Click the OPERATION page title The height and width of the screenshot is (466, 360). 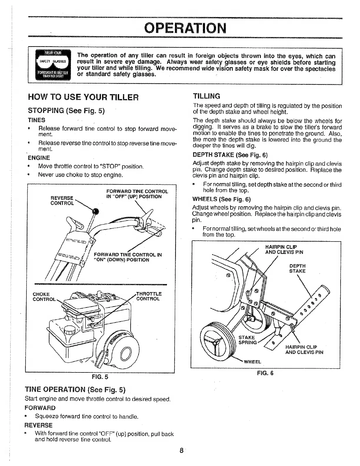click(186, 28)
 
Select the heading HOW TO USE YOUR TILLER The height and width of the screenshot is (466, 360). click(83, 97)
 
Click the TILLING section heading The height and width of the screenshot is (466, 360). click(206, 96)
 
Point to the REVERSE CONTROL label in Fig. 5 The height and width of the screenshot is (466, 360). click(62, 200)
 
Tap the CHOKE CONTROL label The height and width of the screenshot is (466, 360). click(44, 297)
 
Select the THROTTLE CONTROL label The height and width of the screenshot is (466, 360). click(149, 296)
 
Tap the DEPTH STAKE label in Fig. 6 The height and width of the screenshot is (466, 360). click(297, 268)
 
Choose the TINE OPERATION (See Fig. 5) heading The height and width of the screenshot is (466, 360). click(75, 390)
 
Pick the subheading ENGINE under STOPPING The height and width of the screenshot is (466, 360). click(39, 158)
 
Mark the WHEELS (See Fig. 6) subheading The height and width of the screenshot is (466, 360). click(221, 199)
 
